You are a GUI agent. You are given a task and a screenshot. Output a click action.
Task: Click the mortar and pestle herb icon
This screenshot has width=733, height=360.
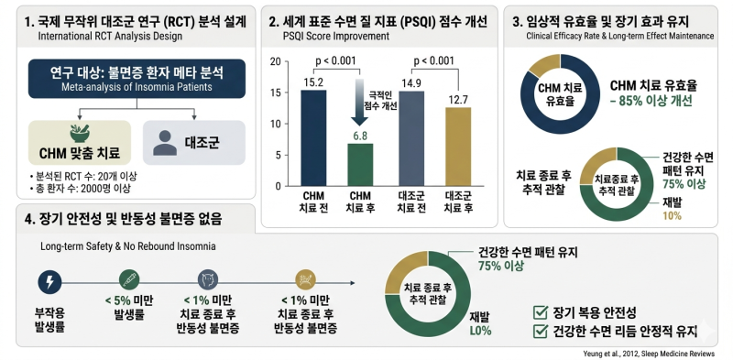point(80,134)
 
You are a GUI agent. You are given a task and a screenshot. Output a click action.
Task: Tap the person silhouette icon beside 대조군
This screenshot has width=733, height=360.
point(165,143)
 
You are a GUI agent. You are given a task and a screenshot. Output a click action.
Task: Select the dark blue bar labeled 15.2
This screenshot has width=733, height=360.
point(313,138)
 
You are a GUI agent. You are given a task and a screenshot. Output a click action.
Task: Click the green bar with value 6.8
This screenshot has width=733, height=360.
point(360,165)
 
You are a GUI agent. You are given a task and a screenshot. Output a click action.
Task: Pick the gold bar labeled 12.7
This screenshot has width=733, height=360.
point(458,147)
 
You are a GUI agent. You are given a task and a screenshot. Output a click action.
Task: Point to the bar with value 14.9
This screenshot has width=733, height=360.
point(411,139)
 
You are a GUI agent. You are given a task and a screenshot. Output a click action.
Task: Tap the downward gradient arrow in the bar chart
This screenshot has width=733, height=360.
point(360,103)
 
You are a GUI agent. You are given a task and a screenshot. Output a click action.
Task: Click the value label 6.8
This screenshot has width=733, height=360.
point(360,136)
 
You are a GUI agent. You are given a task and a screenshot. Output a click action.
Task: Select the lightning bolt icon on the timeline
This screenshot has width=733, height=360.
point(49,282)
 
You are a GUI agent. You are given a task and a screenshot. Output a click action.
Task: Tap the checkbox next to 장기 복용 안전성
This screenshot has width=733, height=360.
point(541,312)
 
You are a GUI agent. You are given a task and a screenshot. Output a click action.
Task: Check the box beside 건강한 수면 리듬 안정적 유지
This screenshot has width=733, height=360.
point(541,331)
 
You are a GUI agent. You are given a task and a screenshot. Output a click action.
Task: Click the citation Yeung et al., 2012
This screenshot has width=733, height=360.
point(649,354)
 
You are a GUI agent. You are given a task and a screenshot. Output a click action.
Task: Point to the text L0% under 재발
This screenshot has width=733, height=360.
point(480,331)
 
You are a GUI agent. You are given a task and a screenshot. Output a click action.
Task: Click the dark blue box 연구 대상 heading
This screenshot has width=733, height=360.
point(137,79)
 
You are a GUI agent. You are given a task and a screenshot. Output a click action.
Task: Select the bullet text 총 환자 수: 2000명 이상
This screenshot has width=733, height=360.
point(80,189)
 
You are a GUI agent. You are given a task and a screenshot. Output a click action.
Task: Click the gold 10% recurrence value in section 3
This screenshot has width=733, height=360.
point(673,215)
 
